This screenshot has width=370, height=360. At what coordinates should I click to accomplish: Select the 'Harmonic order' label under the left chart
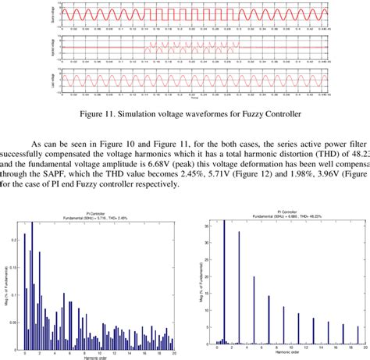tap(99, 355)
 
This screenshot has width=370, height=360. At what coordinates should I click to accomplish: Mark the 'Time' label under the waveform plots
tap(183, 99)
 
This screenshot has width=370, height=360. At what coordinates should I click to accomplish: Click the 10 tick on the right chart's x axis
tap(290, 348)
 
